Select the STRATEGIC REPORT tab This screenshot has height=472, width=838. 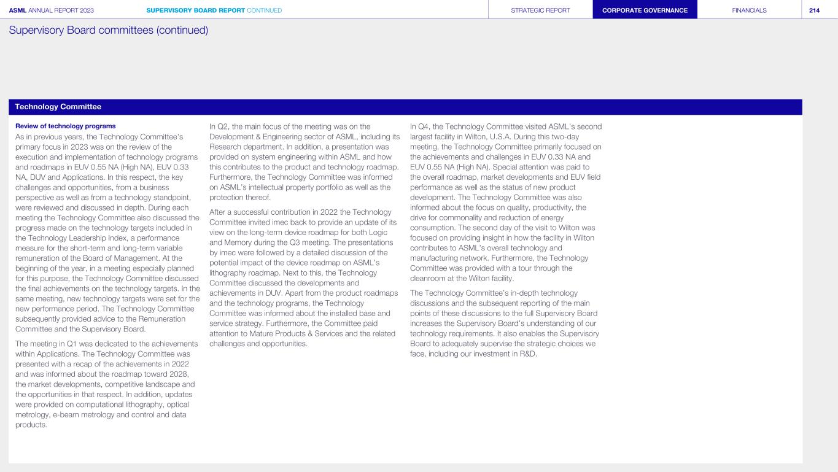coord(540,10)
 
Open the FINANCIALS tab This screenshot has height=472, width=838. coord(749,10)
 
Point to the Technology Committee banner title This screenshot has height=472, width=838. coord(58,107)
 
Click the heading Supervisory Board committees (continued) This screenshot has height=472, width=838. coord(109,30)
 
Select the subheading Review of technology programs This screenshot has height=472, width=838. coord(65,126)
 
